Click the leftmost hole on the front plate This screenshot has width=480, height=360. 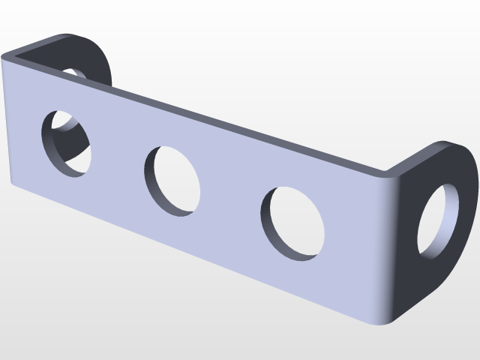tap(67, 144)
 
